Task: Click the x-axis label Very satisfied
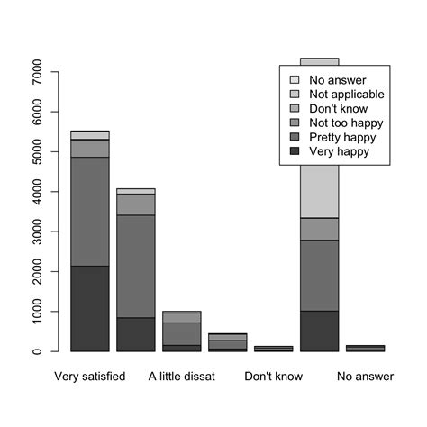[89, 376]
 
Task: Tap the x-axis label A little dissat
[182, 376]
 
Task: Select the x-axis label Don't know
[273, 376]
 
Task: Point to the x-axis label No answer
[365, 376]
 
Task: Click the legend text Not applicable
[347, 94]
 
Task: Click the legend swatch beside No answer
[294, 79]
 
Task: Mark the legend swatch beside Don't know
[294, 108]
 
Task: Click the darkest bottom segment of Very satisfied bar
[89, 308]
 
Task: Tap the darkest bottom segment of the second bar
[135, 334]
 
